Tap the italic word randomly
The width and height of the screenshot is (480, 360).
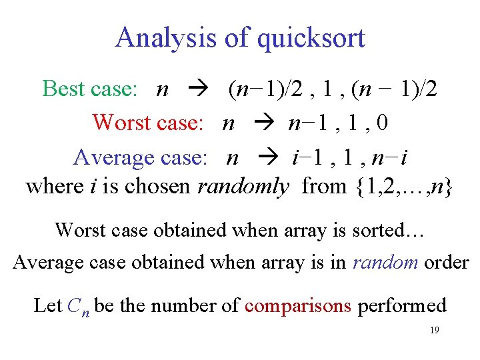tap(243, 186)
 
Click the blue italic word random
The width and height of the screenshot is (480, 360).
tap(385, 262)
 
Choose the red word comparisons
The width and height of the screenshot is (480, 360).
tap(298, 305)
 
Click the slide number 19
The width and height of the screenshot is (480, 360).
tap(434, 331)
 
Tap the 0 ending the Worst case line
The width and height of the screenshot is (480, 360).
tap(383, 123)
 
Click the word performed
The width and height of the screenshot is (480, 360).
tap(402, 305)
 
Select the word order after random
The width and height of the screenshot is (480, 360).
tap(447, 262)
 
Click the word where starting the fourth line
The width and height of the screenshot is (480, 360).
tap(54, 186)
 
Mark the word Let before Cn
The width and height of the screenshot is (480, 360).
tap(47, 305)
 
